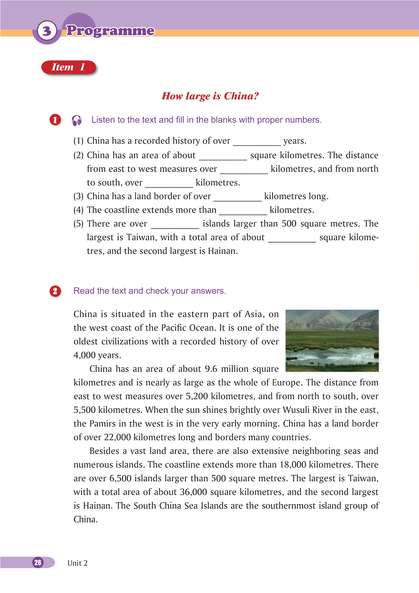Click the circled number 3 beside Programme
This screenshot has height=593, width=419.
47,31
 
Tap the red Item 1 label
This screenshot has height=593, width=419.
68,67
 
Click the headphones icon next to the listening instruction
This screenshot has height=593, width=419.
77,120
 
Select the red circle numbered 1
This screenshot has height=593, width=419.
55,120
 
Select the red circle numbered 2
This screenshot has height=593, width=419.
55,291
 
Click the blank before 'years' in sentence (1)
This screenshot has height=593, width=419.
257,142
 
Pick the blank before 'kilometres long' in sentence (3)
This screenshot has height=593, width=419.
237,197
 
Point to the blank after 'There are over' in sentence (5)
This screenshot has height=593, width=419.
175,225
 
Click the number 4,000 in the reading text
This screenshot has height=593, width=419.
85,355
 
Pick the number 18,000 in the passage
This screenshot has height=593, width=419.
293,465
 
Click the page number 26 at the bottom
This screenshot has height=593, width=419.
38,562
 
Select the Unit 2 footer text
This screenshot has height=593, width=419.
77,563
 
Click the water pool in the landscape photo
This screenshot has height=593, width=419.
331,356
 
